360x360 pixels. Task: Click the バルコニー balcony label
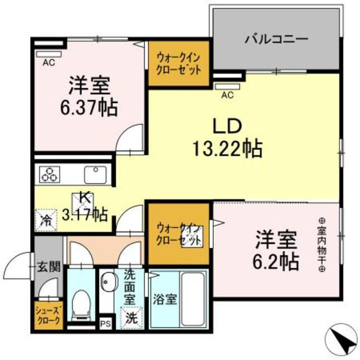(276, 39)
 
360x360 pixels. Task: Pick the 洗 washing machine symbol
(131, 317)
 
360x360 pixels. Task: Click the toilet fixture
(82, 303)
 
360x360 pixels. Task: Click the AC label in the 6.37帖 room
(48, 62)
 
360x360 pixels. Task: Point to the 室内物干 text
(322, 245)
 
